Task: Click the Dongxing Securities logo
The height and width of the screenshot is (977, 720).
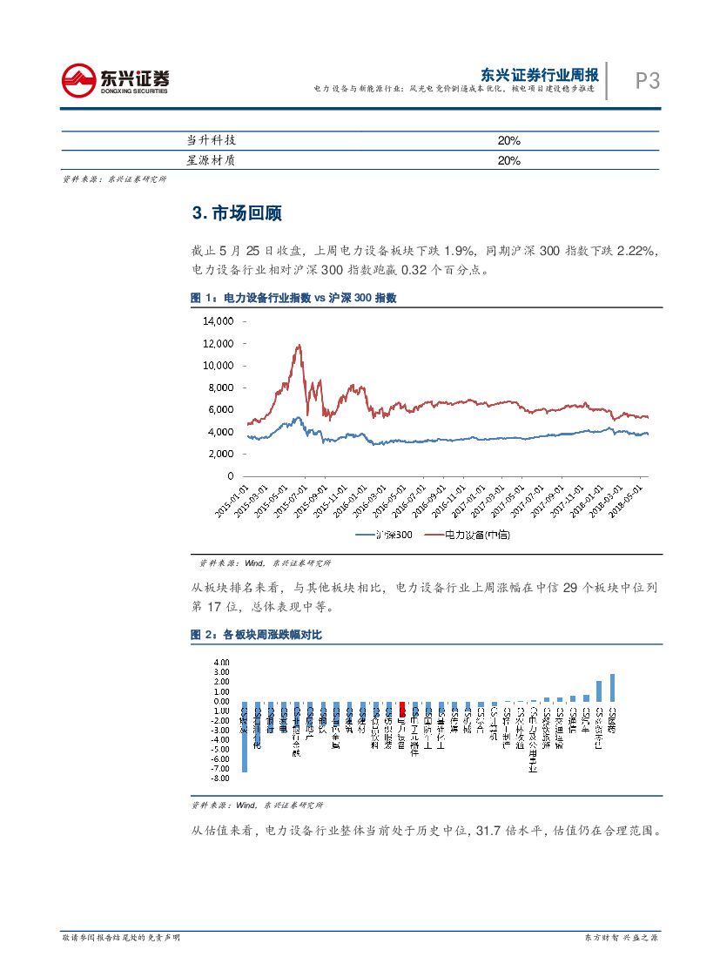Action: (x=115, y=81)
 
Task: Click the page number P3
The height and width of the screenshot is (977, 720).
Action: (x=648, y=81)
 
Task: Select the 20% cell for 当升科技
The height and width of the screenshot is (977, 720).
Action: (x=508, y=140)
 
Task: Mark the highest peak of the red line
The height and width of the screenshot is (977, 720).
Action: (x=299, y=345)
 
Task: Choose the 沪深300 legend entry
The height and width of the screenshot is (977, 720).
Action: (x=386, y=534)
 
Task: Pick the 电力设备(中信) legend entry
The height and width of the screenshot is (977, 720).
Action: (x=465, y=534)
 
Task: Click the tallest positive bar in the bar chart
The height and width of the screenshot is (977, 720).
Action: (x=612, y=687)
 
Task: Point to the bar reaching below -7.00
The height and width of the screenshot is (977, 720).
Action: (x=244, y=737)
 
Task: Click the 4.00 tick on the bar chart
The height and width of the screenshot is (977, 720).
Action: (x=220, y=663)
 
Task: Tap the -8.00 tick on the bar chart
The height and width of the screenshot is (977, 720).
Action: (x=219, y=778)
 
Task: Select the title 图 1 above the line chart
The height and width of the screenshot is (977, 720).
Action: (x=293, y=298)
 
